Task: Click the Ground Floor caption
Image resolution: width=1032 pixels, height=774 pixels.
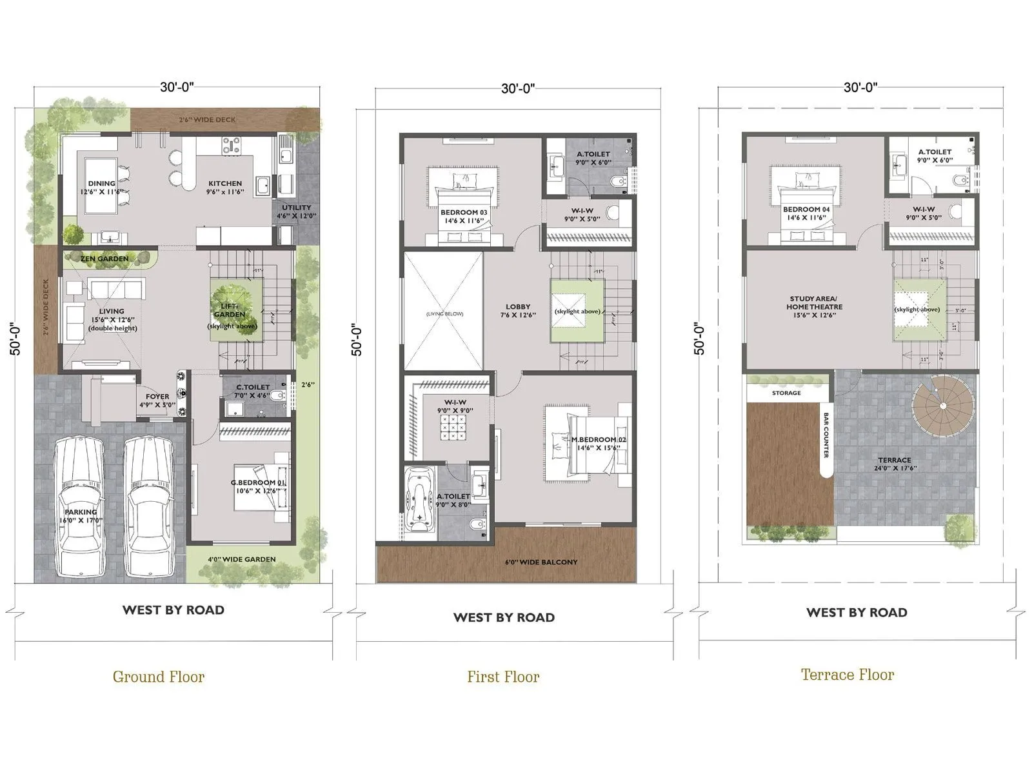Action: tap(159, 677)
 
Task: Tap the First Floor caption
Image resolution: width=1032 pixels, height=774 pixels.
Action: tap(503, 677)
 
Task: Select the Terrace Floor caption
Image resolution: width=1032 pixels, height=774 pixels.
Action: tap(848, 675)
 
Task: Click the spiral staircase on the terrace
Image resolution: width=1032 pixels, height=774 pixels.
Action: tap(942, 406)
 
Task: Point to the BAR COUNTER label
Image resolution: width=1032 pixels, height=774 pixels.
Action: tap(826, 435)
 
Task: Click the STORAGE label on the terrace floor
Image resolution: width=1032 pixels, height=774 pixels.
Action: tap(786, 393)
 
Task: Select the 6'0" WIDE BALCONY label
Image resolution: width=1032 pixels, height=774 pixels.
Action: tap(541, 562)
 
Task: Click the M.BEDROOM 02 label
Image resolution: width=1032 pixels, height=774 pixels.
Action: tap(599, 440)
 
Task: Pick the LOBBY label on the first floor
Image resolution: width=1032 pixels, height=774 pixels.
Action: tap(518, 307)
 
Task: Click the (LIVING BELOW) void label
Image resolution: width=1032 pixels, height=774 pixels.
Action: tap(444, 314)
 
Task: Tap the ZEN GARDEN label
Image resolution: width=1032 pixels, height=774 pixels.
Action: tap(104, 259)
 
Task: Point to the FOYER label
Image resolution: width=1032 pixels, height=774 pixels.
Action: tap(157, 397)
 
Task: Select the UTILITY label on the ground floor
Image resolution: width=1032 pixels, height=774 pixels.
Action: tap(297, 208)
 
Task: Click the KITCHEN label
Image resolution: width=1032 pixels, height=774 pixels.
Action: tap(225, 184)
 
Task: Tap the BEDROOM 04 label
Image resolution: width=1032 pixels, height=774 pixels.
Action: tap(806, 210)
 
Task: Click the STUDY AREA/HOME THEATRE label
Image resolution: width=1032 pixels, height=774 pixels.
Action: tap(814, 303)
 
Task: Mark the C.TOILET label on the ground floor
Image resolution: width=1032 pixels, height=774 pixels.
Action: tap(253, 388)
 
